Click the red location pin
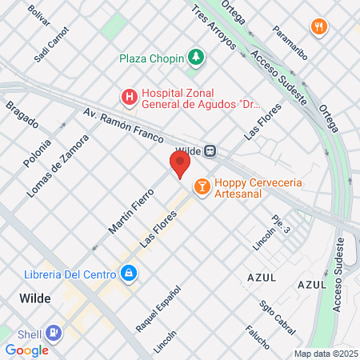tap(180, 164)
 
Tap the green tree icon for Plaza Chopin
tap(195, 58)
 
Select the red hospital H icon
tap(128, 98)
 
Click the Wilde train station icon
tap(210, 150)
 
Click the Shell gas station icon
tap(54, 331)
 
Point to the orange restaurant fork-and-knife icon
tap(320, 27)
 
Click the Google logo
tap(27, 350)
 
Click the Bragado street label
tap(22, 117)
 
